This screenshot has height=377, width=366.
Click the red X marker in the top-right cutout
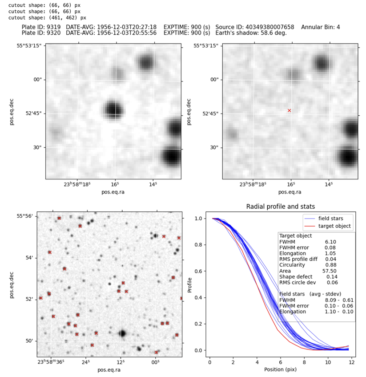point(289,110)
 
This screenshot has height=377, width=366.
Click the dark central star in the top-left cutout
point(113,109)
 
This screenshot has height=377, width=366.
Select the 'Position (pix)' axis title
point(281,369)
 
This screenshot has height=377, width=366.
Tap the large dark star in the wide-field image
point(122,333)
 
